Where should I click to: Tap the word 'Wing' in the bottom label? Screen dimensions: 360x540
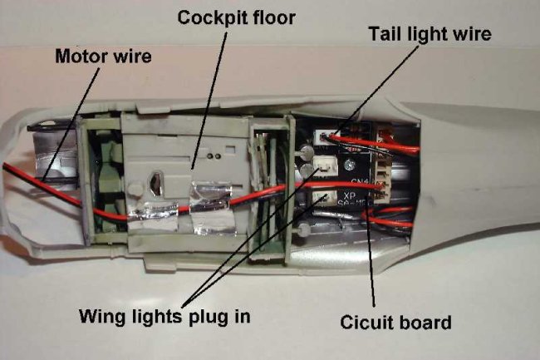[101, 316]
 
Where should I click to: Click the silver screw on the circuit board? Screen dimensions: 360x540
[307, 153]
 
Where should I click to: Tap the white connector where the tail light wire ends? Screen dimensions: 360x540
[322, 136]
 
